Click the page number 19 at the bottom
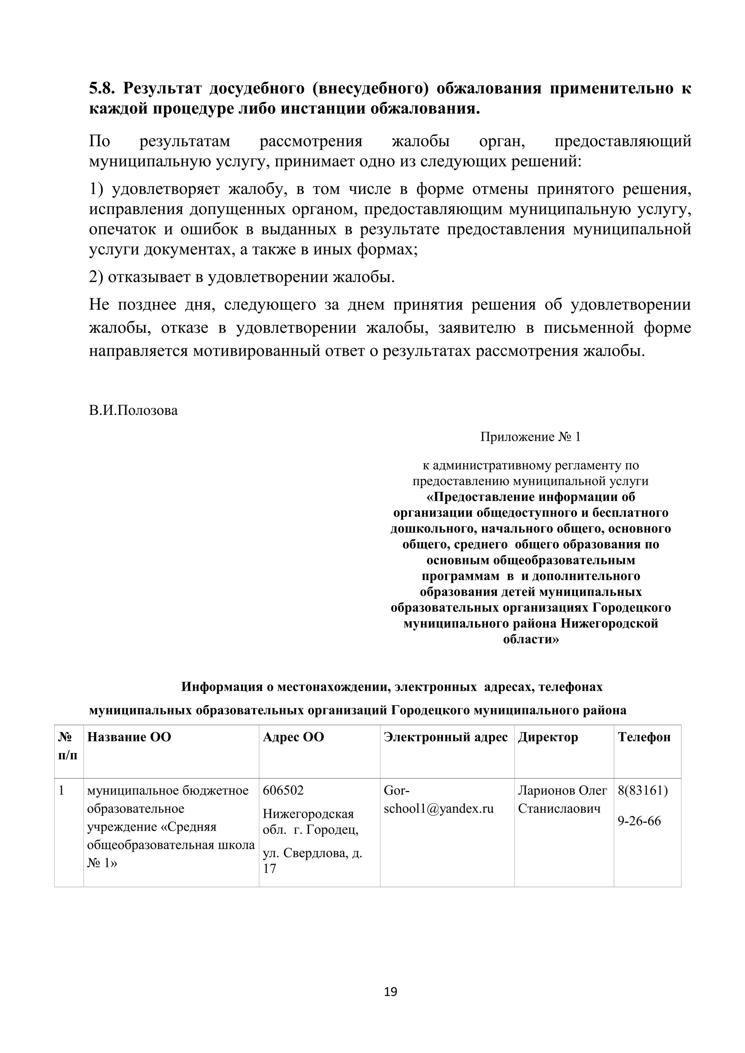pos(390,992)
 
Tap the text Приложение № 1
pos(530,437)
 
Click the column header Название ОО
pos(129,737)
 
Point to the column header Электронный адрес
pos(446,737)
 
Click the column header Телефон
pos(644,737)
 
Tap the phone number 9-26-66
pos(639,820)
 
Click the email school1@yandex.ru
pos(438,808)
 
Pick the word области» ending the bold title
pos(531,640)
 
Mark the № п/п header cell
pos(68,746)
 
